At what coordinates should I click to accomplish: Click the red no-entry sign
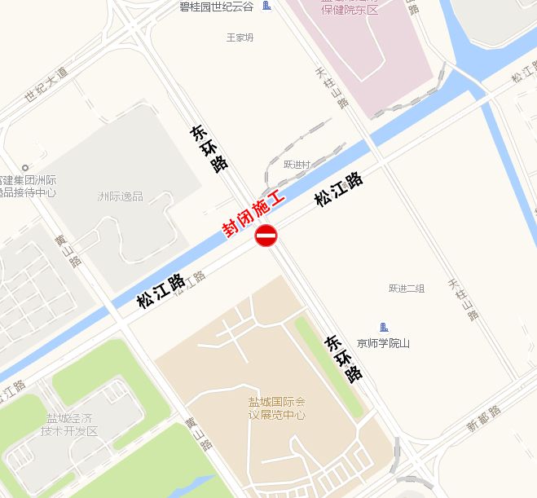pyautogui.click(x=266, y=236)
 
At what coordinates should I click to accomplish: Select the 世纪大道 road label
pyautogui.click(x=46, y=85)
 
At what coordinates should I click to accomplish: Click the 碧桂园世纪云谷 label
pyautogui.click(x=216, y=7)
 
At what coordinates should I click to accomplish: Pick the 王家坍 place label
pyautogui.click(x=240, y=37)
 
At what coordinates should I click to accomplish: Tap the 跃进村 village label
pyautogui.click(x=297, y=165)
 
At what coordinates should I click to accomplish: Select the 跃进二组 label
pyautogui.click(x=407, y=289)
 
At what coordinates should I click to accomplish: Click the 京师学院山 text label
pyautogui.click(x=383, y=344)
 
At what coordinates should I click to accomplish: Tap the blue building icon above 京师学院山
pyautogui.click(x=384, y=327)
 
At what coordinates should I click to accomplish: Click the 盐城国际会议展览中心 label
pyautogui.click(x=276, y=408)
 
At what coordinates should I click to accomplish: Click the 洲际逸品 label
pyautogui.click(x=120, y=196)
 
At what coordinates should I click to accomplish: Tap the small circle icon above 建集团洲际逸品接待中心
pyautogui.click(x=25, y=167)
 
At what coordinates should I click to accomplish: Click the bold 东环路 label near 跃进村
pyautogui.click(x=209, y=148)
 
